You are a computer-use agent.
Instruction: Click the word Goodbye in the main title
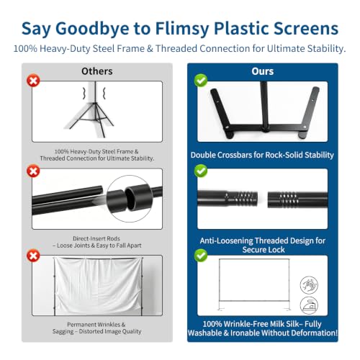[x=92, y=29]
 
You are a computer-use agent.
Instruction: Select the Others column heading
[x=97, y=71]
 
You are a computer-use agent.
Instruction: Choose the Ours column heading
[x=263, y=71]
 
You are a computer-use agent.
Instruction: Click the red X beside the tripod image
[x=33, y=81]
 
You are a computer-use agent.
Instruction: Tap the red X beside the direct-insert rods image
[x=33, y=171]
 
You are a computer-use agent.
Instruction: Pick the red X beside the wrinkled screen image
[x=33, y=256]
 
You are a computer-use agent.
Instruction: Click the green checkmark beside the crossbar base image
[x=201, y=80]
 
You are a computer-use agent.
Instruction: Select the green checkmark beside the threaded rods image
[x=201, y=171]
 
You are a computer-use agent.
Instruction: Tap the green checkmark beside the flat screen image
[x=201, y=256]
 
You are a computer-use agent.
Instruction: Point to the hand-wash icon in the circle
[x=309, y=285]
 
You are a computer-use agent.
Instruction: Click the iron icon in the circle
[x=309, y=305]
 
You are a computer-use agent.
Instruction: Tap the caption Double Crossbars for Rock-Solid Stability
[x=262, y=155]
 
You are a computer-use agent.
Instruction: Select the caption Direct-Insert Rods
[x=96, y=238]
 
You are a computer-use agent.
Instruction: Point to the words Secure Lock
[x=264, y=250]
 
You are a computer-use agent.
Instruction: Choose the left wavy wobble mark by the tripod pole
[x=84, y=93]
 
